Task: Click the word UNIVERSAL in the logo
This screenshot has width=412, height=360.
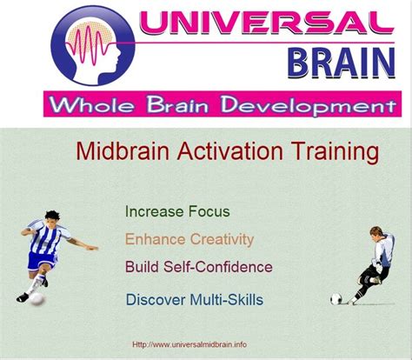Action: (x=267, y=23)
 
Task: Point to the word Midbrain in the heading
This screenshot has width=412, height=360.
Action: (x=123, y=151)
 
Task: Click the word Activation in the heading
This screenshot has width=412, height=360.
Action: (x=230, y=151)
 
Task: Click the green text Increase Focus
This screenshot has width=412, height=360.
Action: (x=177, y=211)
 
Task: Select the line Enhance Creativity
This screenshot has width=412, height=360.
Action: (x=189, y=239)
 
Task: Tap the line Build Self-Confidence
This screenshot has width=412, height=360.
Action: (x=199, y=267)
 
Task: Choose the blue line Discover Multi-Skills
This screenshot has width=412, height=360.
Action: (x=195, y=299)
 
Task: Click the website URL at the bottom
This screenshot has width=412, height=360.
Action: (x=189, y=344)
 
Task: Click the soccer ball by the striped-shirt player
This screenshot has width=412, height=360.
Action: (x=37, y=299)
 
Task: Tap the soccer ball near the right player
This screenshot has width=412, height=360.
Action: (x=336, y=299)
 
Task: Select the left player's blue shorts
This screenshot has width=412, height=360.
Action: (x=41, y=261)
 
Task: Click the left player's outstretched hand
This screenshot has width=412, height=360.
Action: (x=92, y=248)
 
